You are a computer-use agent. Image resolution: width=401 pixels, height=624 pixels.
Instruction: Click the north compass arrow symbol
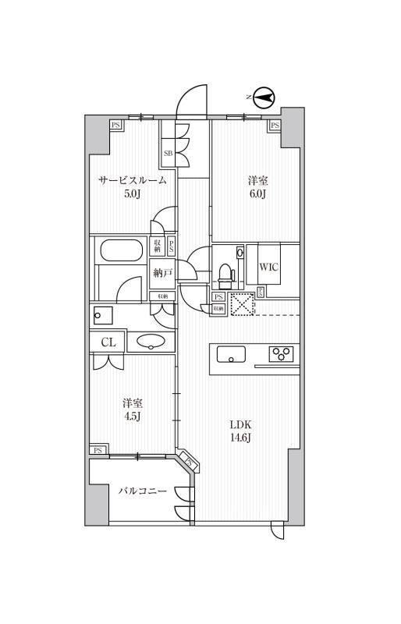(x=264, y=97)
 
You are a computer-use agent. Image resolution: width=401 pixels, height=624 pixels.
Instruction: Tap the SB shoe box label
(x=168, y=153)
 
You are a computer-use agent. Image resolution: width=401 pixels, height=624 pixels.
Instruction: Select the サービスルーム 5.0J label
(x=132, y=187)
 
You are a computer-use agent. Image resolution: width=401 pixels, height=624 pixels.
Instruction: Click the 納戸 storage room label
(x=162, y=273)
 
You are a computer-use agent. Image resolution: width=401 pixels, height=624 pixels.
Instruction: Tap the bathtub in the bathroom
(x=119, y=251)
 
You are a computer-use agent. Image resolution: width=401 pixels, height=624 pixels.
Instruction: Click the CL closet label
(x=108, y=342)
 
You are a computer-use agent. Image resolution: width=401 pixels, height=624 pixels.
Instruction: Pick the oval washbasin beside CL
(x=151, y=342)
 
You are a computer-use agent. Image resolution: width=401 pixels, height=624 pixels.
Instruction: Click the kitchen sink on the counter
(x=231, y=355)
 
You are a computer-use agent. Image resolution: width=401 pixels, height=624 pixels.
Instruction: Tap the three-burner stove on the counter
(x=281, y=354)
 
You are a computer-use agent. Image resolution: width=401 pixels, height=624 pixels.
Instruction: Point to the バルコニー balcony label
(x=143, y=492)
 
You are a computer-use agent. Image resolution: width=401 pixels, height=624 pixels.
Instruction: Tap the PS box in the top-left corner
(x=115, y=125)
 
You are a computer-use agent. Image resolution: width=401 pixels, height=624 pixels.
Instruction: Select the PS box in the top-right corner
(x=275, y=125)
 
